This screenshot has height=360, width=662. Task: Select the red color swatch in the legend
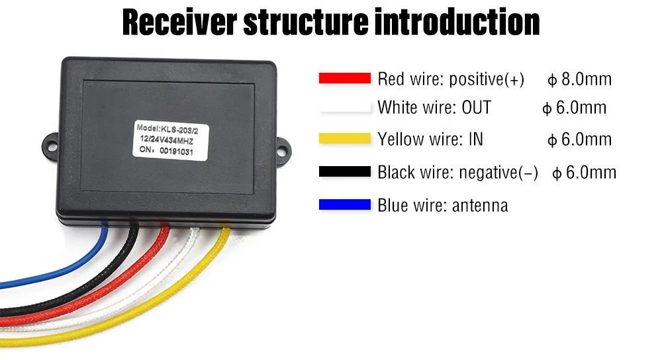[344, 78]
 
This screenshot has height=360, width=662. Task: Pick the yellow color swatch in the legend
[344, 138]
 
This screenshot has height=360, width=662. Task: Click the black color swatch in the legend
[344, 172]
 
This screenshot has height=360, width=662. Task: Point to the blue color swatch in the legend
[344, 205]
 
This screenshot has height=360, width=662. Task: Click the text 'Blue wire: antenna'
[442, 205]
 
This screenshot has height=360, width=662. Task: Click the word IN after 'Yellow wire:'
[475, 139]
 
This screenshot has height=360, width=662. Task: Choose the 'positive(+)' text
[487, 79]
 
